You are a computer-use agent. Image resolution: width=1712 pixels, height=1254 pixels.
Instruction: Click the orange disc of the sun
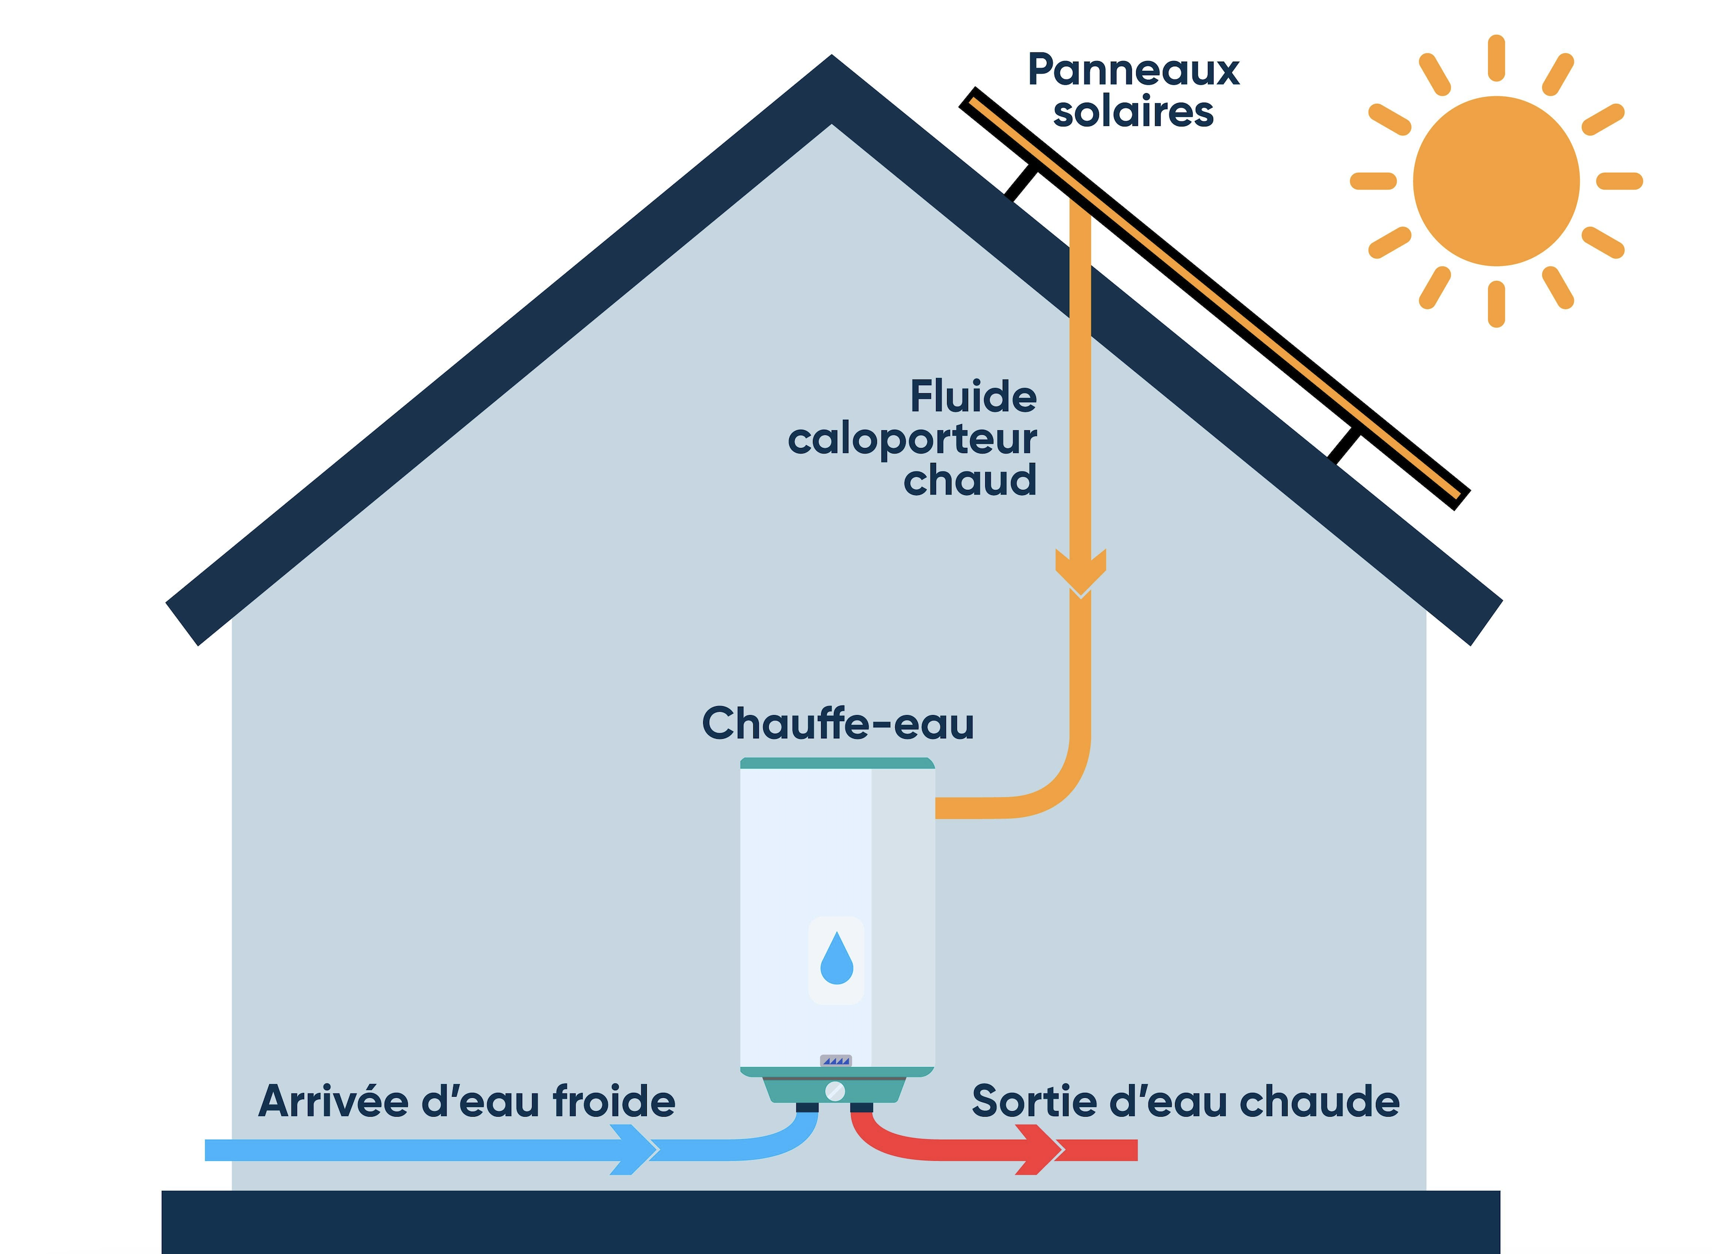point(1496,180)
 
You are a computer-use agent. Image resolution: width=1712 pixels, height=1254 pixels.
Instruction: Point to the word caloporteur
point(912,440)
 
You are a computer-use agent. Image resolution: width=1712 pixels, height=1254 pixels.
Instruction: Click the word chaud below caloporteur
point(970,481)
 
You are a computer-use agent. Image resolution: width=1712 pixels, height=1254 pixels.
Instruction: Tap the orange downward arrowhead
point(1080,572)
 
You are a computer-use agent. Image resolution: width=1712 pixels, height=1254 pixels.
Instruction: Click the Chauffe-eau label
point(837,723)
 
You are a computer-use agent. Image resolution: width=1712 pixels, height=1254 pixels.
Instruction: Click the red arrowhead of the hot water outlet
point(1040,1149)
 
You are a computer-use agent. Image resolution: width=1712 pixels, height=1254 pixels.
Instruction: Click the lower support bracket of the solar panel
point(1344,446)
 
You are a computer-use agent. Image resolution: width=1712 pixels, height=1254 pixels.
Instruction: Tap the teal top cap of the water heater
point(837,763)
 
